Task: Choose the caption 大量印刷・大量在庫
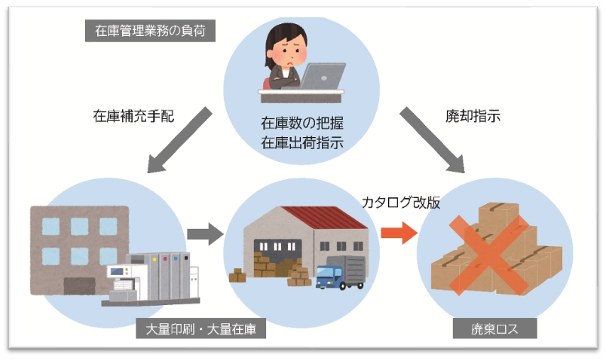pyautogui.click(x=201, y=329)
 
